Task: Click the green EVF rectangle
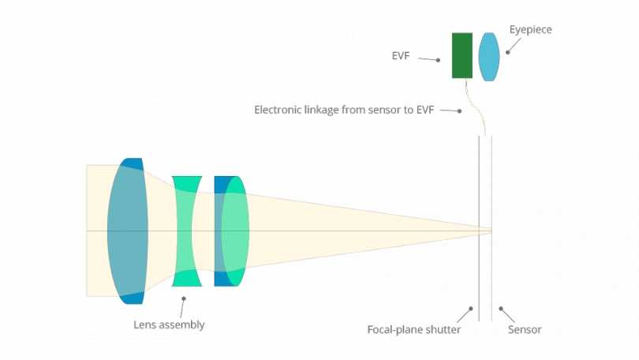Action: [x=462, y=55]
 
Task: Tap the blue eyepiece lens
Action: [x=489, y=56]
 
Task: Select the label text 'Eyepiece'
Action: [x=531, y=29]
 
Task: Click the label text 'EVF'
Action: [x=401, y=57]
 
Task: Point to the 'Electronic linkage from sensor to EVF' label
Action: [x=346, y=110]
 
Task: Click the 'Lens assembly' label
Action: [x=169, y=324]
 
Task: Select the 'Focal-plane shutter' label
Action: [x=414, y=329]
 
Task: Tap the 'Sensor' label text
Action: [x=525, y=329]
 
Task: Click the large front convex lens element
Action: [x=128, y=231]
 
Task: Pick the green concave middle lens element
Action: [x=188, y=231]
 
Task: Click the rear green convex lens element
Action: [x=235, y=231]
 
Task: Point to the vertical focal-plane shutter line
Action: [x=479, y=197]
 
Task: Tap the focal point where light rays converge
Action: [x=491, y=231]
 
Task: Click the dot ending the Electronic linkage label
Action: [x=460, y=111]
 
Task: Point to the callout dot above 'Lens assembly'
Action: [x=183, y=298]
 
